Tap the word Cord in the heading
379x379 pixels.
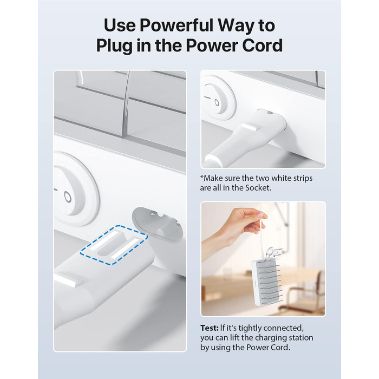263,45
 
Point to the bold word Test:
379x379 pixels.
210,328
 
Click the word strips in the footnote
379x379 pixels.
303,179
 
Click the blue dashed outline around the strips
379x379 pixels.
114,245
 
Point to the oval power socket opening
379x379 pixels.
157,224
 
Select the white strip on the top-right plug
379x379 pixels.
249,127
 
